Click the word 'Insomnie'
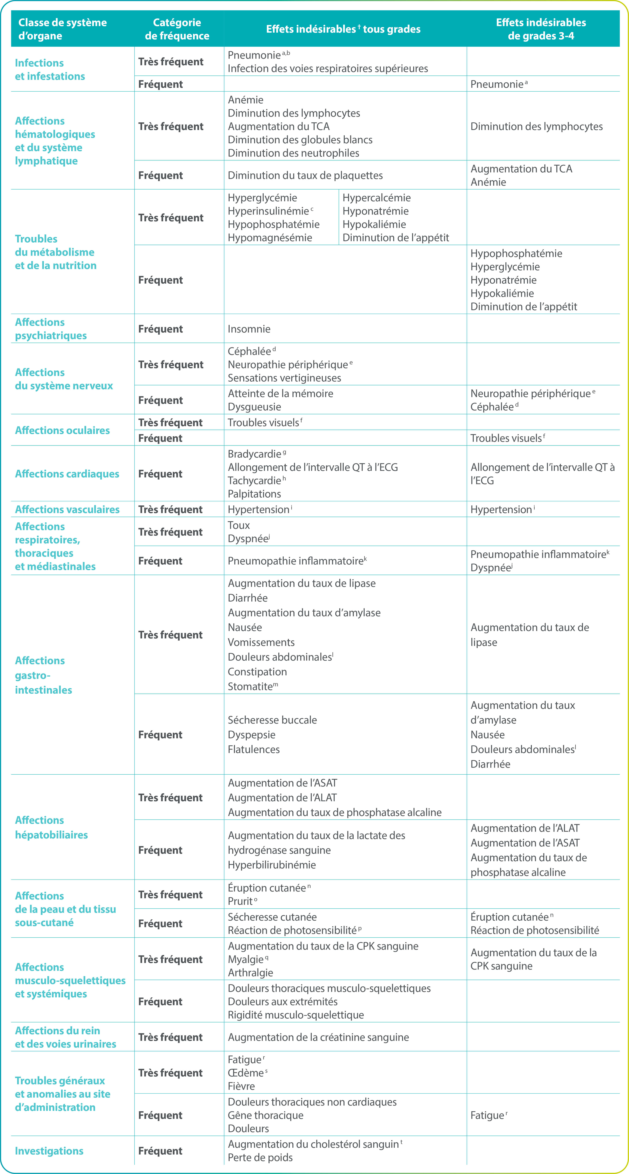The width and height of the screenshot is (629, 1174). pos(249,329)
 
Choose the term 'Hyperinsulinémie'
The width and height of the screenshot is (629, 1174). pos(268,211)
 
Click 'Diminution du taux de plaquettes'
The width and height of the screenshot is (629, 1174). pos(305,175)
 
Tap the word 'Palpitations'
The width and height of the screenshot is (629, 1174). pos(254,494)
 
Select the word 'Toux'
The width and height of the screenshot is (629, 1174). pos(238,525)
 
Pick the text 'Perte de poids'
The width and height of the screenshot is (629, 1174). pos(260,1158)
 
